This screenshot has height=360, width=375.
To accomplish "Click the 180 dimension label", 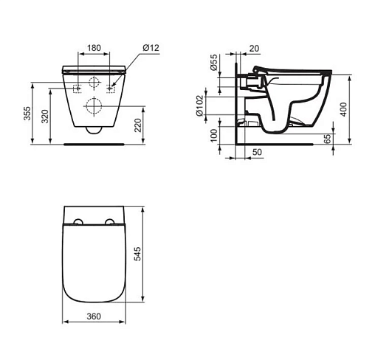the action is [94, 48].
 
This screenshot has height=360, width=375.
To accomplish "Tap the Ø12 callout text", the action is [151, 47].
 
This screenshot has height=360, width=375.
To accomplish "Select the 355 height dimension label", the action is [27, 114].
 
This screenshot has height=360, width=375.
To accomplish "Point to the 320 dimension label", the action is [45, 117].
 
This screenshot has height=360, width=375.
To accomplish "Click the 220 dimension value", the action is [138, 125].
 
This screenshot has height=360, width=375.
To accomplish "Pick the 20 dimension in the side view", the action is [254, 49].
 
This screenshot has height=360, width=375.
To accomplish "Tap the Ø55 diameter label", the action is [214, 63].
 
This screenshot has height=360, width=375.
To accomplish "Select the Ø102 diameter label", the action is [199, 105].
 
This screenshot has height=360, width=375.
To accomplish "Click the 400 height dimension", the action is [344, 109].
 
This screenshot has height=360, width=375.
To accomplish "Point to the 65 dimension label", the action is [328, 139].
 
